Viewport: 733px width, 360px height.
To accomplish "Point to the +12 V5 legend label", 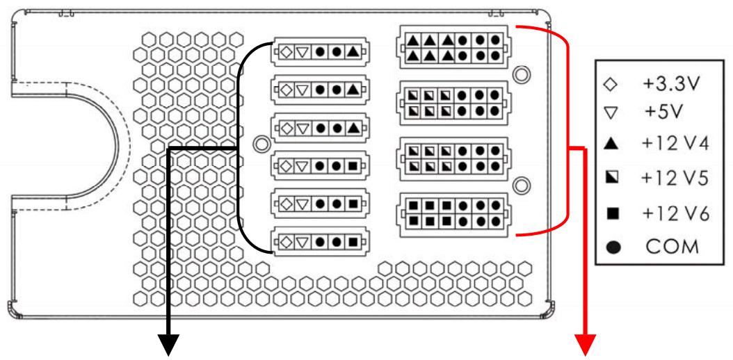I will tap(675, 179).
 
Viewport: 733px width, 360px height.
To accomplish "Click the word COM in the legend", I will tap(671, 247).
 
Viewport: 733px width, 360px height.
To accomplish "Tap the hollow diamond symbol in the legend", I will tap(611, 85).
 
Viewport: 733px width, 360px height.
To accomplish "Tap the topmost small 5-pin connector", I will tap(320, 51).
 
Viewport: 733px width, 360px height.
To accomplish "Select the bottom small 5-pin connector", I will tap(320, 243).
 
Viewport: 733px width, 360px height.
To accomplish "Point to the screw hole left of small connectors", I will tap(261, 145).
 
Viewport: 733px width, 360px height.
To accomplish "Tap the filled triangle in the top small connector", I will tap(353, 51).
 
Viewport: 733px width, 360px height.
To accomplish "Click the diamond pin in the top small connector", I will tap(286, 51).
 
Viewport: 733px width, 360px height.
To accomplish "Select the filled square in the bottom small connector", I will tap(353, 243).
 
